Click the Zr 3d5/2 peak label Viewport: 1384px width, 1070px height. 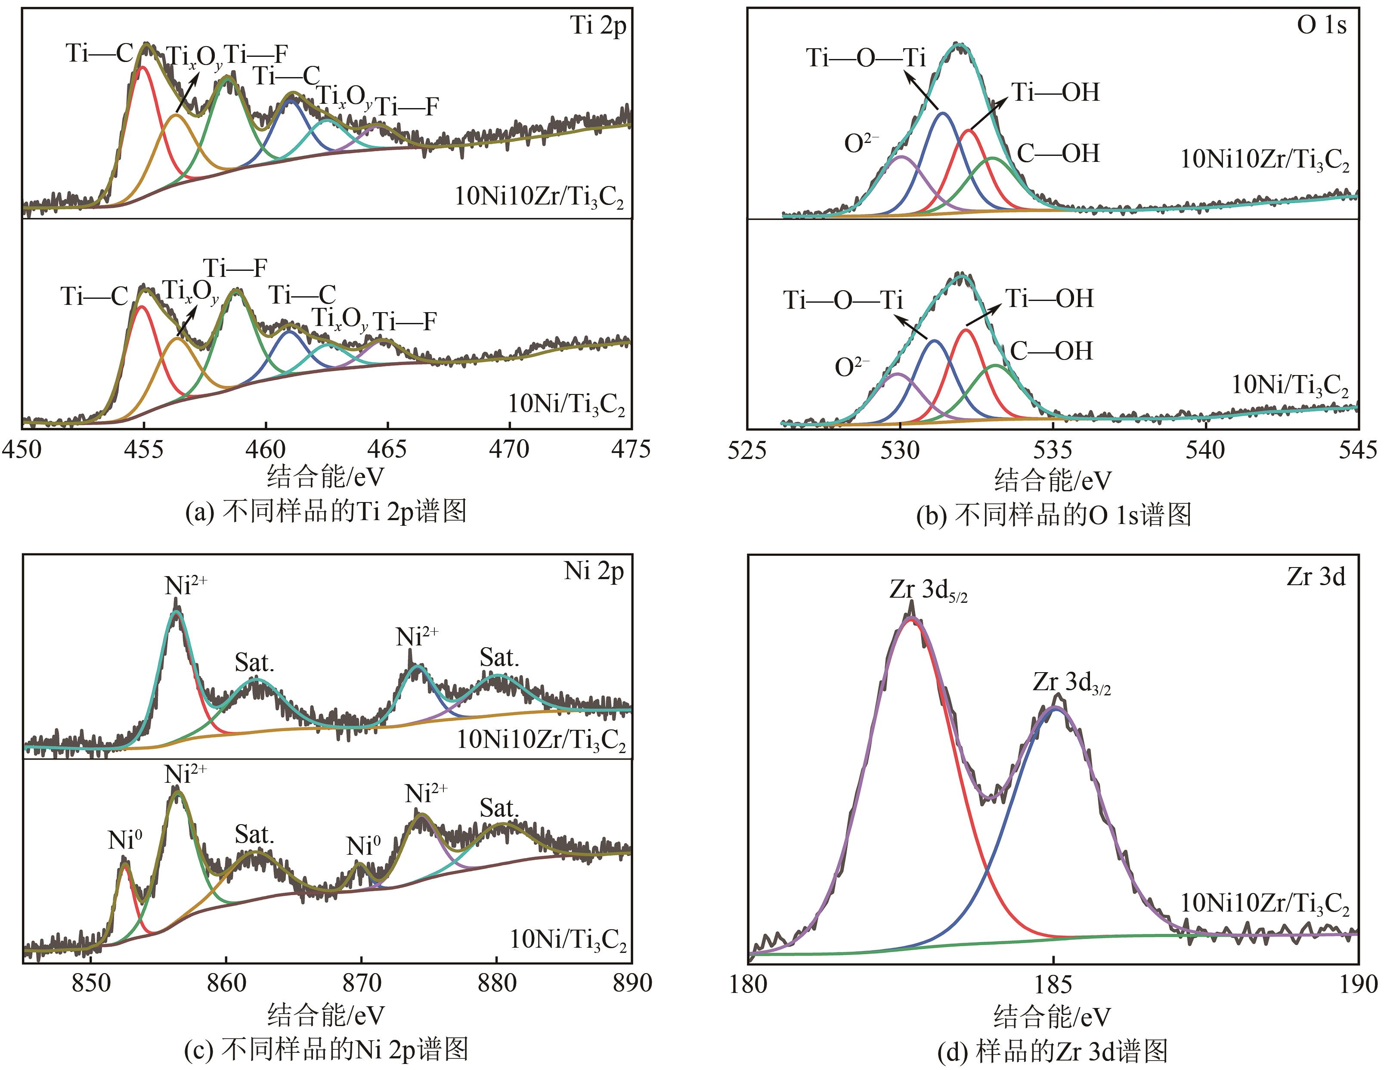[x=928, y=591]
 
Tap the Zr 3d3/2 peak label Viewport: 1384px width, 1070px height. [x=1071, y=683]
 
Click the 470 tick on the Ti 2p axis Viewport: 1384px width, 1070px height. [x=509, y=450]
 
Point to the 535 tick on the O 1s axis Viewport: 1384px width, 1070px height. [x=1053, y=451]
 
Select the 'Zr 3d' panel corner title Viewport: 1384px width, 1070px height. [x=1316, y=577]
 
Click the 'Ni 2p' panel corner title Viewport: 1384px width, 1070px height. [x=594, y=572]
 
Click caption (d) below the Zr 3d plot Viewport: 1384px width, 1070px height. [x=1052, y=1051]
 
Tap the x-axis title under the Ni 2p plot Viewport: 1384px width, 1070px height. [x=326, y=1015]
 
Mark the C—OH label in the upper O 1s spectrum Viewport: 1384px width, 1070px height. [x=1058, y=153]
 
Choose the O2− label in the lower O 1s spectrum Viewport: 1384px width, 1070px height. [x=851, y=367]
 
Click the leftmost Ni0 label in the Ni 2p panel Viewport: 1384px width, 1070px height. [x=125, y=840]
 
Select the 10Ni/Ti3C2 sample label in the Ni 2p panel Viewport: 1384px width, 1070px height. [x=568, y=940]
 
